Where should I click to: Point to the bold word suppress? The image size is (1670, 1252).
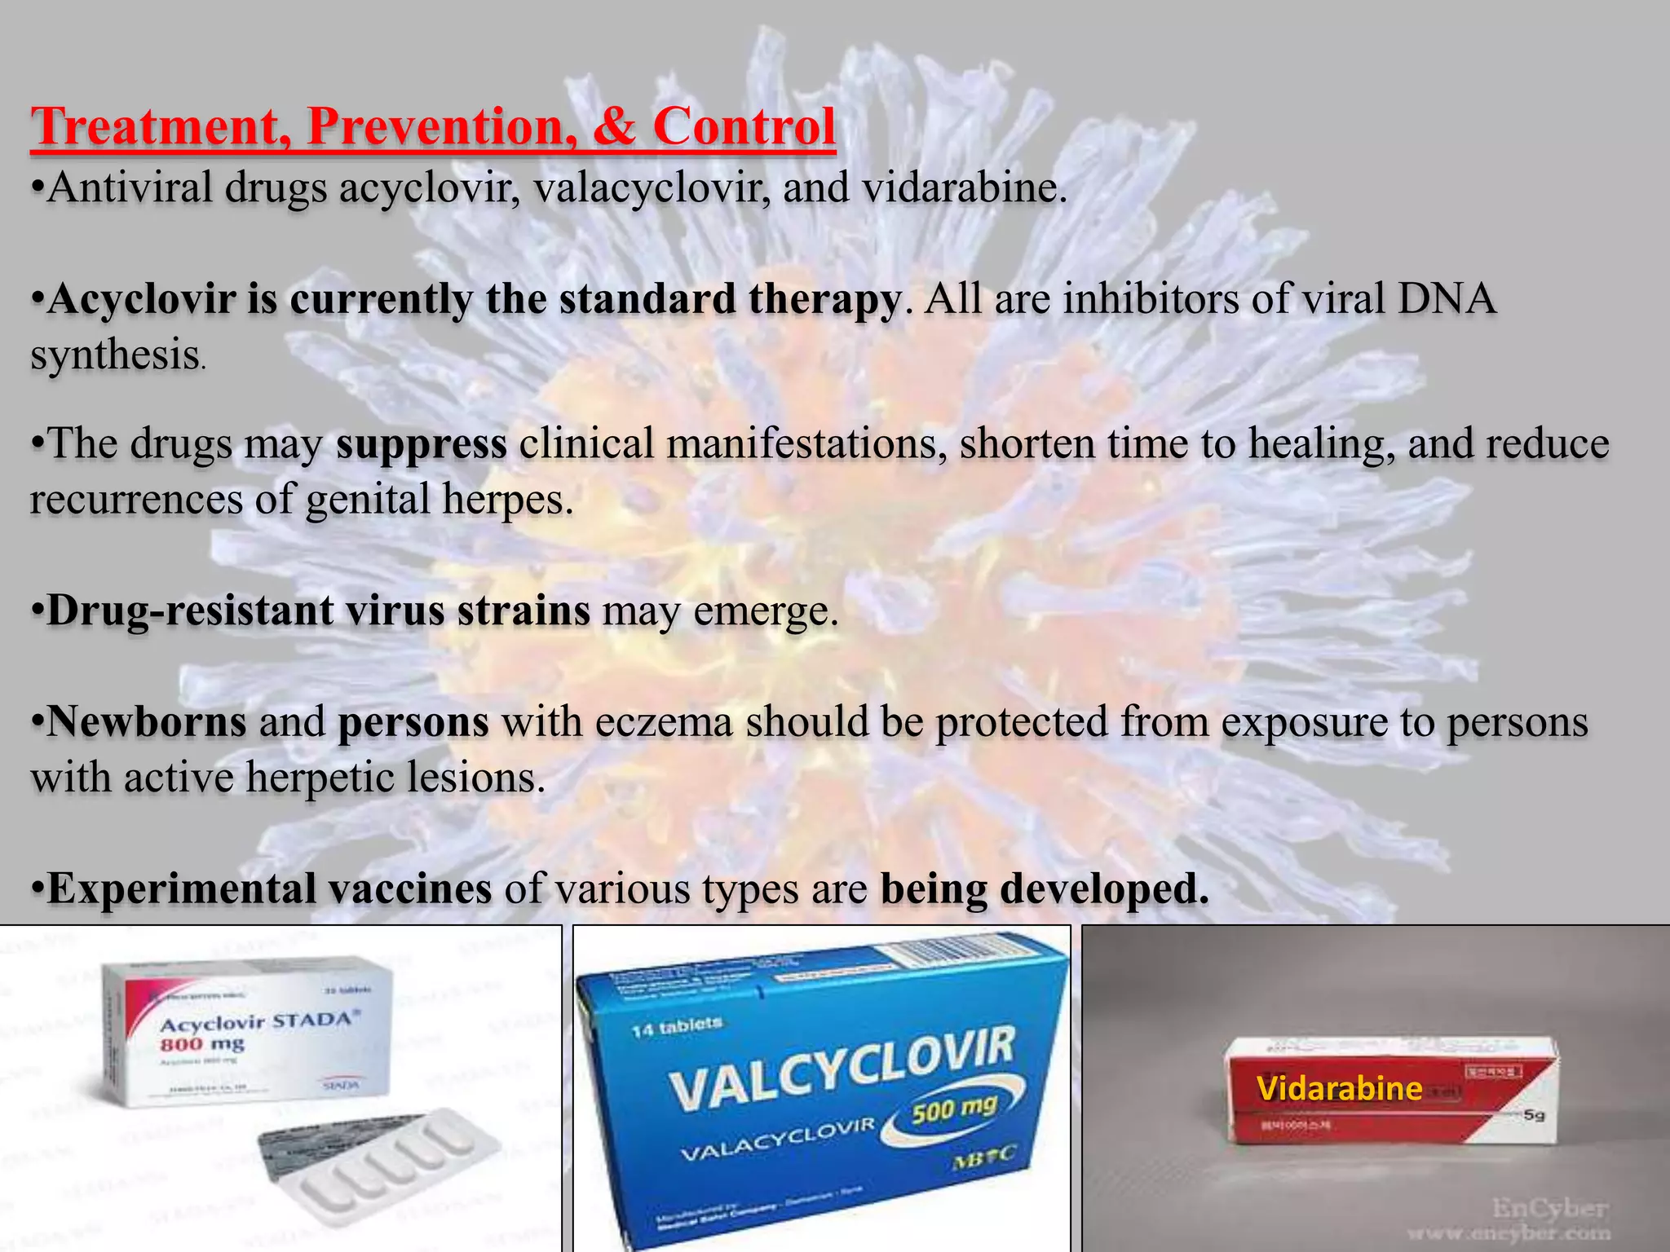pos(421,444)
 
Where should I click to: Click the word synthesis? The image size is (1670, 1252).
pos(116,355)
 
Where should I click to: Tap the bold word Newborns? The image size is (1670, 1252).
pos(147,721)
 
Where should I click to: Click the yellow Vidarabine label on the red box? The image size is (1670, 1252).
pos(1339,1088)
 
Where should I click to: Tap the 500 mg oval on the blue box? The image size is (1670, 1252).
pos(953,1109)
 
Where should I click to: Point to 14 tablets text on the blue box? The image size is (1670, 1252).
pos(677,1027)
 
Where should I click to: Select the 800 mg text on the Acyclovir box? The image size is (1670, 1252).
pos(201,1044)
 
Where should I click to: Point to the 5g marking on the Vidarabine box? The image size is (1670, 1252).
pos(1534,1115)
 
